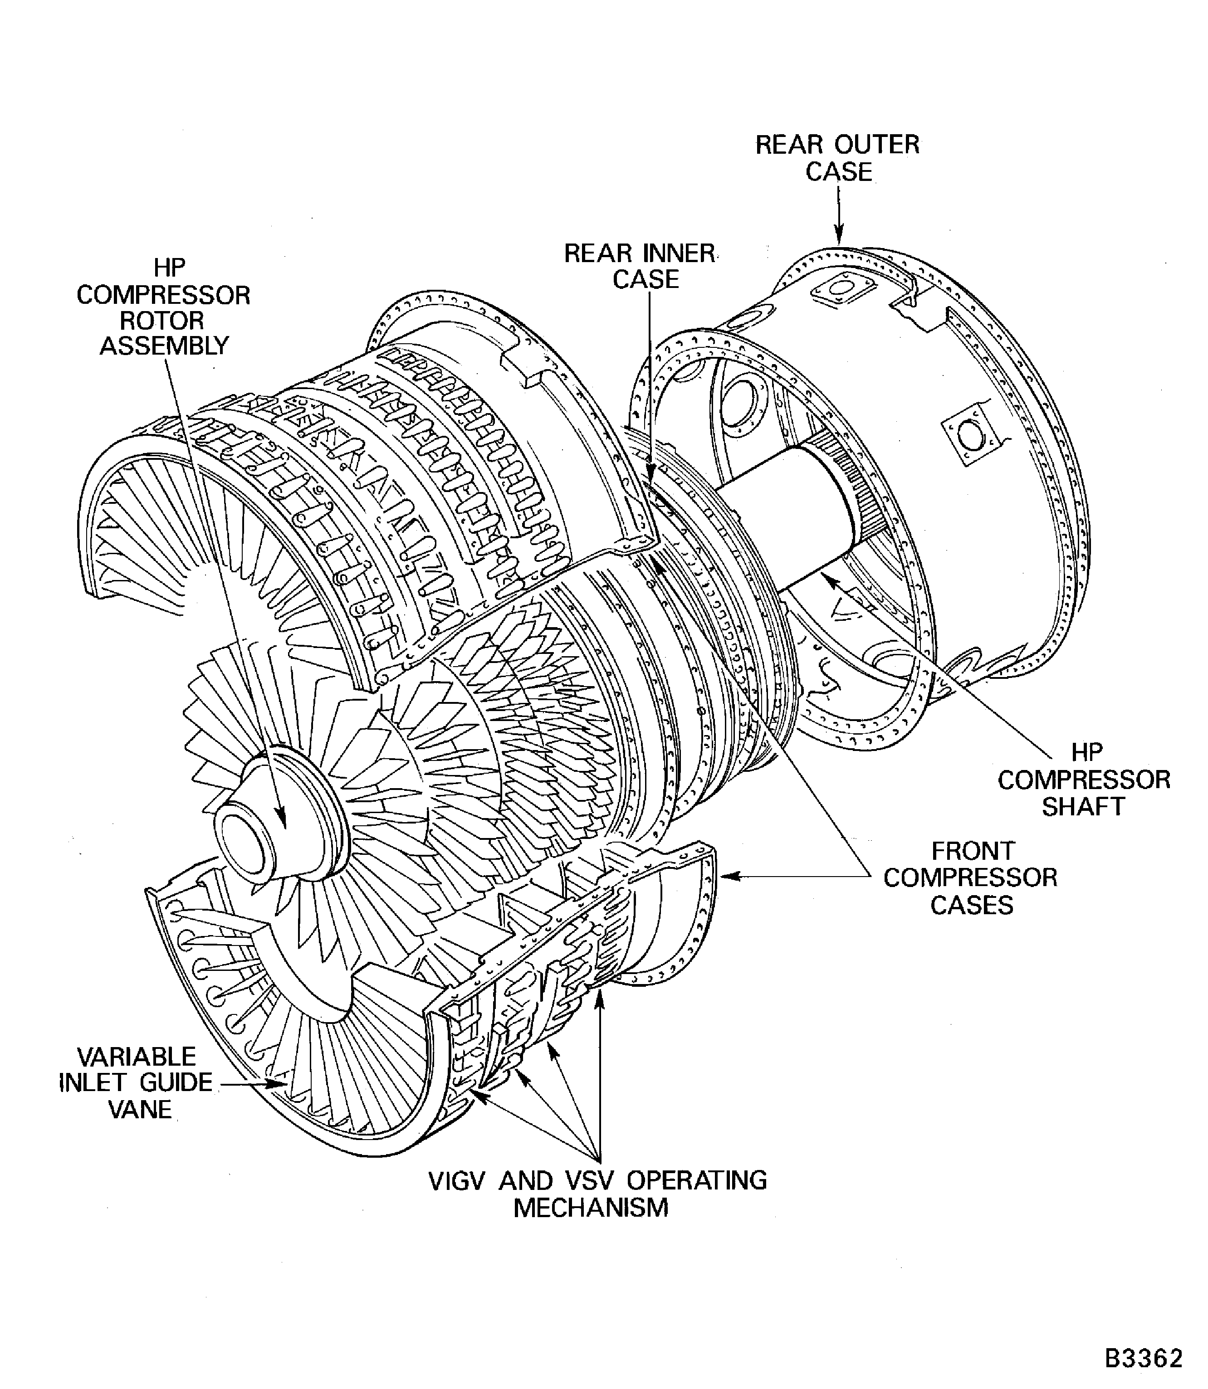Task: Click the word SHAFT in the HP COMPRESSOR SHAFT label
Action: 1083,806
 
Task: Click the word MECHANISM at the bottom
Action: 591,1208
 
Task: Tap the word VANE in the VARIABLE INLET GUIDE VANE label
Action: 140,1109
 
